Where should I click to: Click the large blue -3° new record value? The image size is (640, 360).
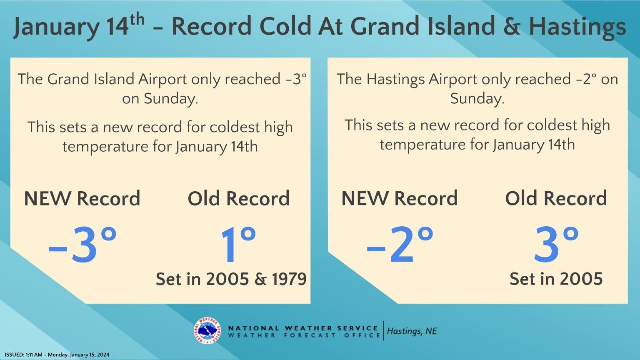point(82,245)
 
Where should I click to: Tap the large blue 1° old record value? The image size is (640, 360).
point(237,245)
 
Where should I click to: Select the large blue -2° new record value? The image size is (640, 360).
point(400,245)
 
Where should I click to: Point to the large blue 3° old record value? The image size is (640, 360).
point(556,245)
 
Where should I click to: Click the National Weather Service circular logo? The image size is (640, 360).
point(207,331)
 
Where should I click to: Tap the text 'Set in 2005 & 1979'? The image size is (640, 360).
point(231,279)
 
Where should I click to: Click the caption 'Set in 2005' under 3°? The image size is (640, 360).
point(556,279)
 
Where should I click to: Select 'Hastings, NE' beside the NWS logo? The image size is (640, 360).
point(412,331)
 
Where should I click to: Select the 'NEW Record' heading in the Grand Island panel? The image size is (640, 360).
point(82,198)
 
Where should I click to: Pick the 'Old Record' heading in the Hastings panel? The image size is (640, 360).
point(556,198)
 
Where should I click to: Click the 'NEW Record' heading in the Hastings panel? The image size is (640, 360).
point(400,198)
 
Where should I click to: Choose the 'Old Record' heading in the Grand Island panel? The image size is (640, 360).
point(238,198)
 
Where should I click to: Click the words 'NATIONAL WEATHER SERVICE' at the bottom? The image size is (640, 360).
point(303,328)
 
